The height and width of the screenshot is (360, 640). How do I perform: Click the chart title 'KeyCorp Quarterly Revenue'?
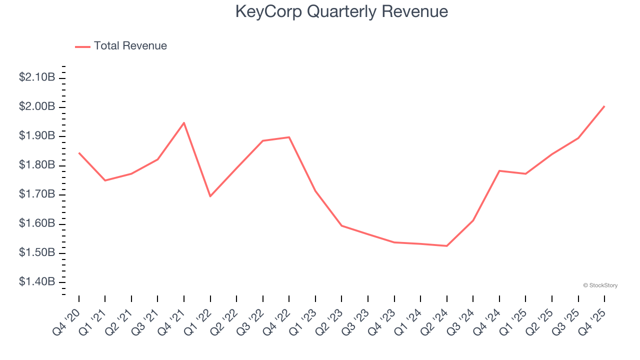point(341,11)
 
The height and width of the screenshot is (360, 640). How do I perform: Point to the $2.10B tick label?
point(36,77)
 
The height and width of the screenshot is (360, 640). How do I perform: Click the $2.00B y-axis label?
point(36,106)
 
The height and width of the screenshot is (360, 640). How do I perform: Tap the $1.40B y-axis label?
point(36,282)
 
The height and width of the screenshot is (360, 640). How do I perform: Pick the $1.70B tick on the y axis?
point(36,194)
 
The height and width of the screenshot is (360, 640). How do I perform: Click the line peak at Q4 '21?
point(184,122)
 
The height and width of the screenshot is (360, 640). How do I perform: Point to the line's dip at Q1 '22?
point(210,196)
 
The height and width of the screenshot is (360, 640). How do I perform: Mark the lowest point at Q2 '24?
point(446,246)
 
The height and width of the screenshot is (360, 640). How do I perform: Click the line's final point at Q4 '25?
point(604,106)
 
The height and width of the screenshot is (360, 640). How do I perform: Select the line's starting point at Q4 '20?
point(79,152)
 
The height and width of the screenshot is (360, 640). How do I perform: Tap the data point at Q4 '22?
point(289,137)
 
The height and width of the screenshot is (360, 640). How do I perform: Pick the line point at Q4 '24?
point(499,170)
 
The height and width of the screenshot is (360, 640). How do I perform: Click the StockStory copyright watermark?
point(600,285)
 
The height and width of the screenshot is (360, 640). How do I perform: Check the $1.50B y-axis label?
point(36,252)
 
